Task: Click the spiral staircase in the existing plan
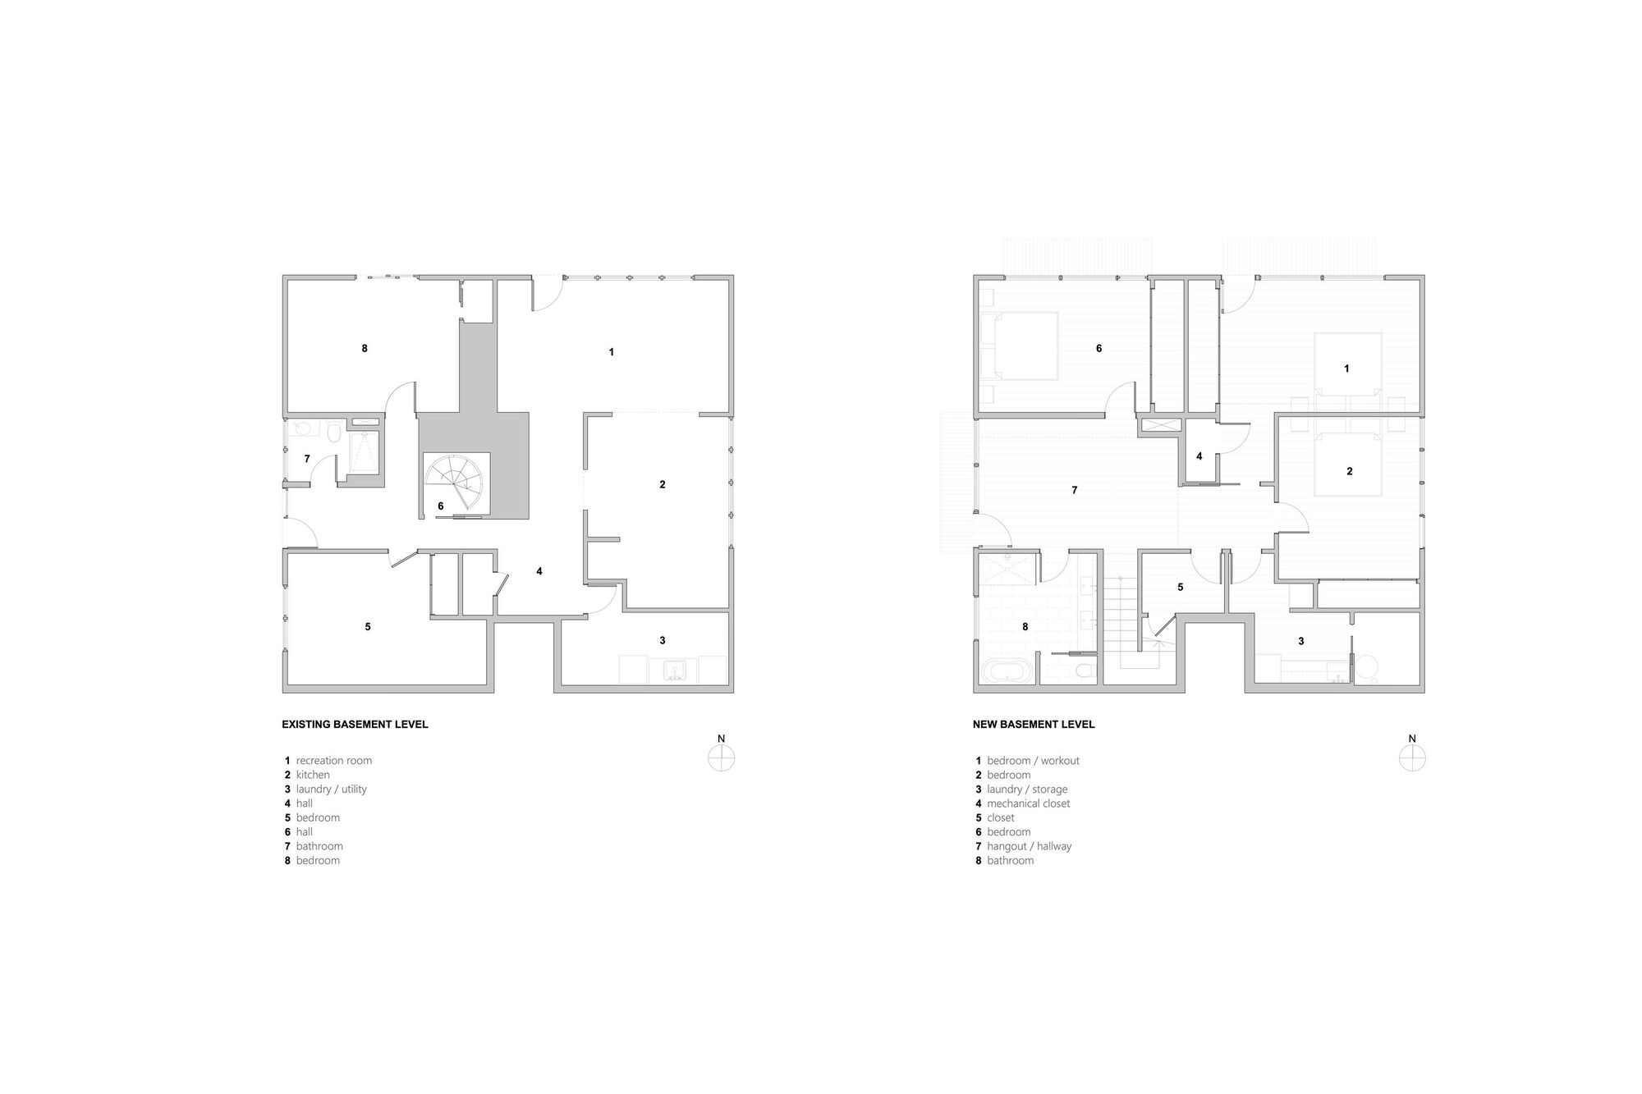point(456,484)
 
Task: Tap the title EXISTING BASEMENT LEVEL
point(355,725)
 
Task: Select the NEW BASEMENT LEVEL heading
point(1034,725)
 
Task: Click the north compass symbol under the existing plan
point(721,758)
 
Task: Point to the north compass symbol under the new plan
point(1412,758)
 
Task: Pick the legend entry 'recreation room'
point(333,761)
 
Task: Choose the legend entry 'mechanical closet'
point(1028,803)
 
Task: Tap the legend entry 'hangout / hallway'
point(1029,846)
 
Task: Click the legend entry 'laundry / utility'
point(331,790)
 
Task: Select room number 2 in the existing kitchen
point(663,484)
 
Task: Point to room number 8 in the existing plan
point(365,348)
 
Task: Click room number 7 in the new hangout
point(1075,490)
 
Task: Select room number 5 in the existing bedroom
point(368,627)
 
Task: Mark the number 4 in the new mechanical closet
point(1199,456)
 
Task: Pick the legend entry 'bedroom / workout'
point(1033,761)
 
